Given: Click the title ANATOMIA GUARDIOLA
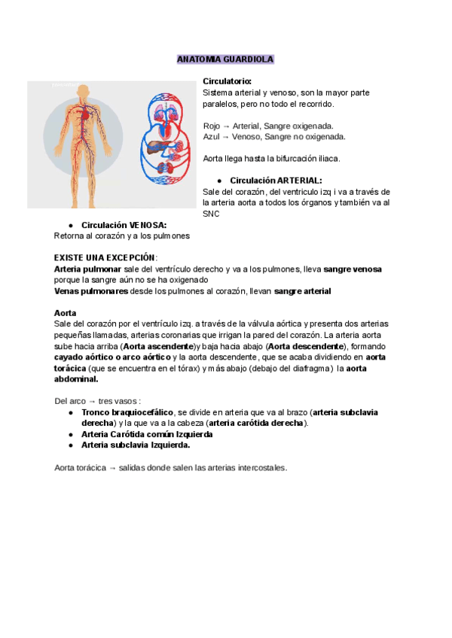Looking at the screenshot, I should (x=225, y=59).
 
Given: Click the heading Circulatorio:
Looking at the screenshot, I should (x=228, y=81).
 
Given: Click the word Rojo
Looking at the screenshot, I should (x=212, y=126).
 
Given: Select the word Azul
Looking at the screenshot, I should (x=212, y=137).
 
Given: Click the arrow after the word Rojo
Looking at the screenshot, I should (x=227, y=126).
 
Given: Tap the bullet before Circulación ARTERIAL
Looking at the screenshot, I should (x=218, y=181).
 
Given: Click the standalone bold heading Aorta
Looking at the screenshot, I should (x=66, y=312).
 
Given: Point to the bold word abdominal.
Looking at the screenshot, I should (x=76, y=380).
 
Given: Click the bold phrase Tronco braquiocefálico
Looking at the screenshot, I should (x=127, y=412).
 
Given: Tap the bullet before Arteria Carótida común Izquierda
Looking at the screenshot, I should (x=70, y=434).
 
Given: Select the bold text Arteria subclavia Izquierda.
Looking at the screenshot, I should (x=136, y=445).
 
